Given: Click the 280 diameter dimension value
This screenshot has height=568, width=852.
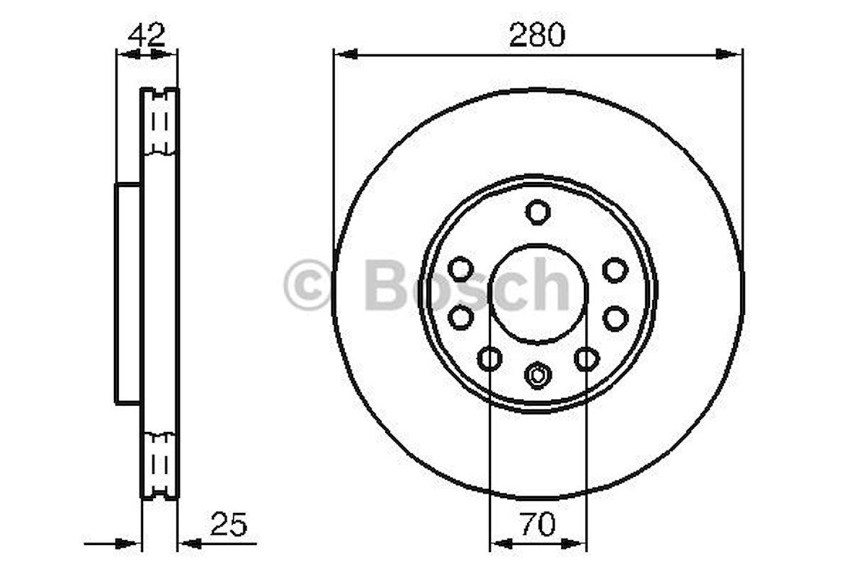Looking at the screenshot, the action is point(537,35).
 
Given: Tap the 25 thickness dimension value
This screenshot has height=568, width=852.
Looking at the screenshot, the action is point(229,524).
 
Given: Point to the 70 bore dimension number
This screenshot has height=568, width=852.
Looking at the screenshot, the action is point(538,524).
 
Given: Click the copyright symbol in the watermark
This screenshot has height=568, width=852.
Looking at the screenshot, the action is point(308,285).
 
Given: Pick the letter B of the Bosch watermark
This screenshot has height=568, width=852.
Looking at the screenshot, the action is point(388,284).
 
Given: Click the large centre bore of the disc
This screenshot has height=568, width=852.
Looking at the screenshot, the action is point(539,294).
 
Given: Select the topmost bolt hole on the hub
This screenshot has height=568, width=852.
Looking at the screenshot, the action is point(538,211).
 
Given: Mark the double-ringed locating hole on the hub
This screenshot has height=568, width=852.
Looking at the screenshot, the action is point(538,375).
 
